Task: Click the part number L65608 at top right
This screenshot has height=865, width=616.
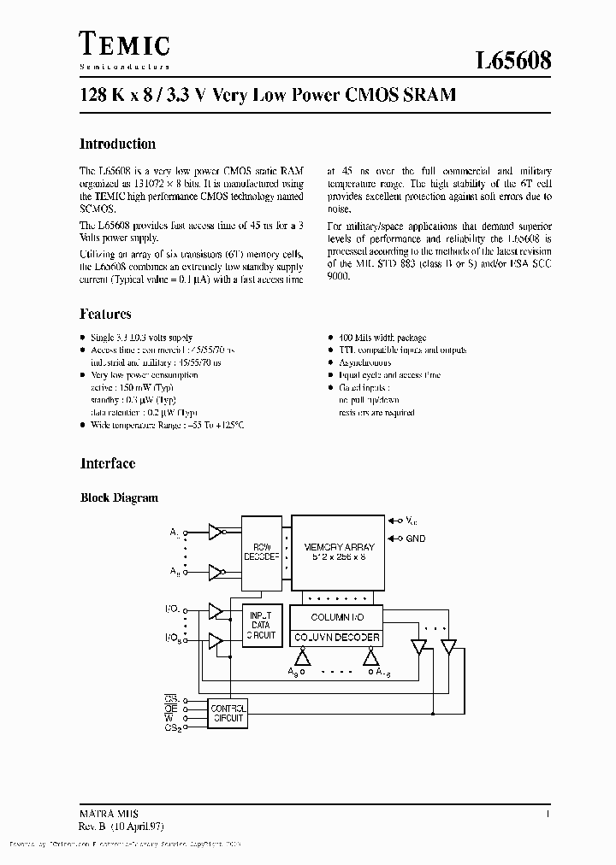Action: [x=513, y=61]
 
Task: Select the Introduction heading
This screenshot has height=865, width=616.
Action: [x=117, y=144]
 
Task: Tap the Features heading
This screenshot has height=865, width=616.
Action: [x=105, y=315]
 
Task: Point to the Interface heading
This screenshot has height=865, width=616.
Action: [x=108, y=463]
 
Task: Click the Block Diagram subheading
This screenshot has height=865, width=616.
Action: [x=119, y=497]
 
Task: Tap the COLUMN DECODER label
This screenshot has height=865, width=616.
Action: [x=336, y=638]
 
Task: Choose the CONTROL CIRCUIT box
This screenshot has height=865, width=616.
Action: [x=228, y=713]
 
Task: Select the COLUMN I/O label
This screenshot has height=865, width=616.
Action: [x=336, y=617]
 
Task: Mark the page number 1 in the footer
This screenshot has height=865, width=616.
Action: [x=546, y=815]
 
